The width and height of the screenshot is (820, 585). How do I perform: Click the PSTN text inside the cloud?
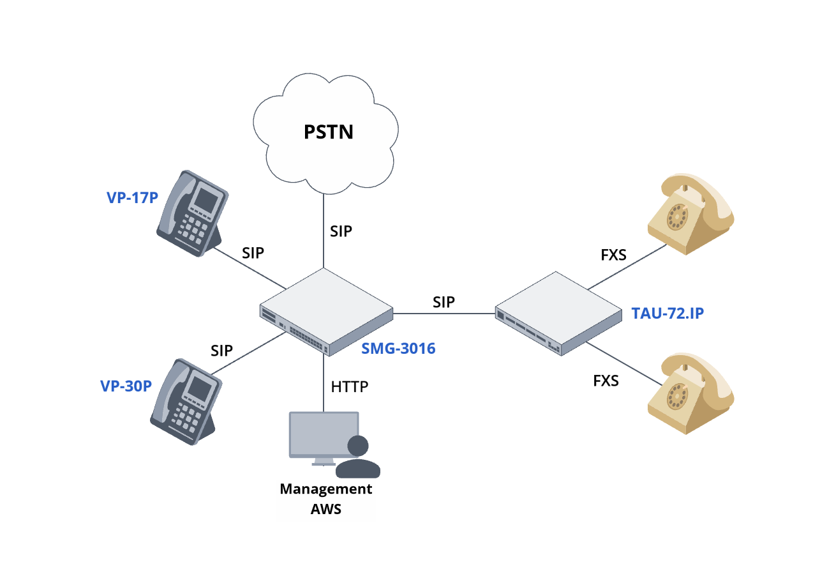[327, 132]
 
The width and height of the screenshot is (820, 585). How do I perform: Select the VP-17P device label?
[132, 197]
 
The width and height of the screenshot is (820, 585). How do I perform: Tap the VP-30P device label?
[126, 386]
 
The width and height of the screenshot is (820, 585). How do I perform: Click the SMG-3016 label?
[398, 349]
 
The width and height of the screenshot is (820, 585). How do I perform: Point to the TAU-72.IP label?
[668, 313]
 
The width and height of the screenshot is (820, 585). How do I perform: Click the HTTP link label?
[350, 386]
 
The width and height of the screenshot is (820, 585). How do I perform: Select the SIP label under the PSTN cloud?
[341, 231]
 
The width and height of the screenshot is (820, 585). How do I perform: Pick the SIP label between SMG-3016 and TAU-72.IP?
[444, 301]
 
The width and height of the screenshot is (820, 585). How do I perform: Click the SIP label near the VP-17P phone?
[253, 252]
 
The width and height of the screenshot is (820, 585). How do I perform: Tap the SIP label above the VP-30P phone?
[222, 350]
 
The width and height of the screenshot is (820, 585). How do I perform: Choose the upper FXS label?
[613, 255]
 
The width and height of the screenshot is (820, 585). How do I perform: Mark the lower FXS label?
[606, 381]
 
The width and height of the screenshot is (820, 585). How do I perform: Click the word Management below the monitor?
[325, 489]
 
